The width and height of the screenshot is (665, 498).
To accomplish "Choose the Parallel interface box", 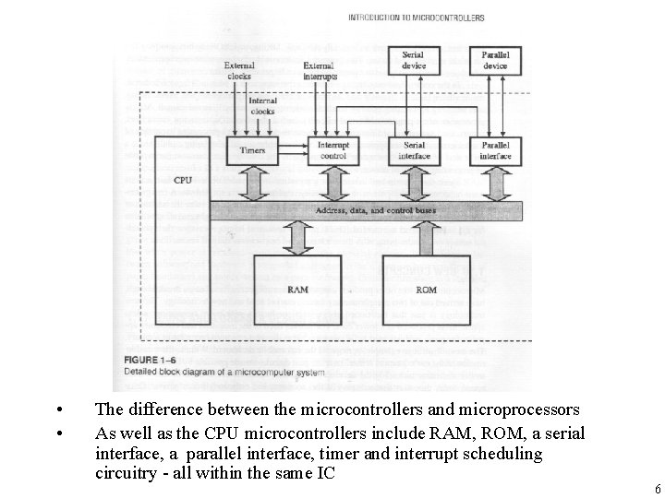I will click(x=495, y=150).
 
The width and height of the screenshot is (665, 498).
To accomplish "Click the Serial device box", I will click(x=413, y=60).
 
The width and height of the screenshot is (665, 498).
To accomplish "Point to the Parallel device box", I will click(x=494, y=60).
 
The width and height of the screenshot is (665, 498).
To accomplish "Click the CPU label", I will click(x=183, y=180).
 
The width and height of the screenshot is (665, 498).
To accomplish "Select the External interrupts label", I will click(x=320, y=70).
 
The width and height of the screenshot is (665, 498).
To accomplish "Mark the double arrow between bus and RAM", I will click(x=297, y=237).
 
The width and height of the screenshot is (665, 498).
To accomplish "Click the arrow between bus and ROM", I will click(x=426, y=237).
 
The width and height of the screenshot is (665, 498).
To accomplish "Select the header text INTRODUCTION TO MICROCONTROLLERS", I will click(x=416, y=18).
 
